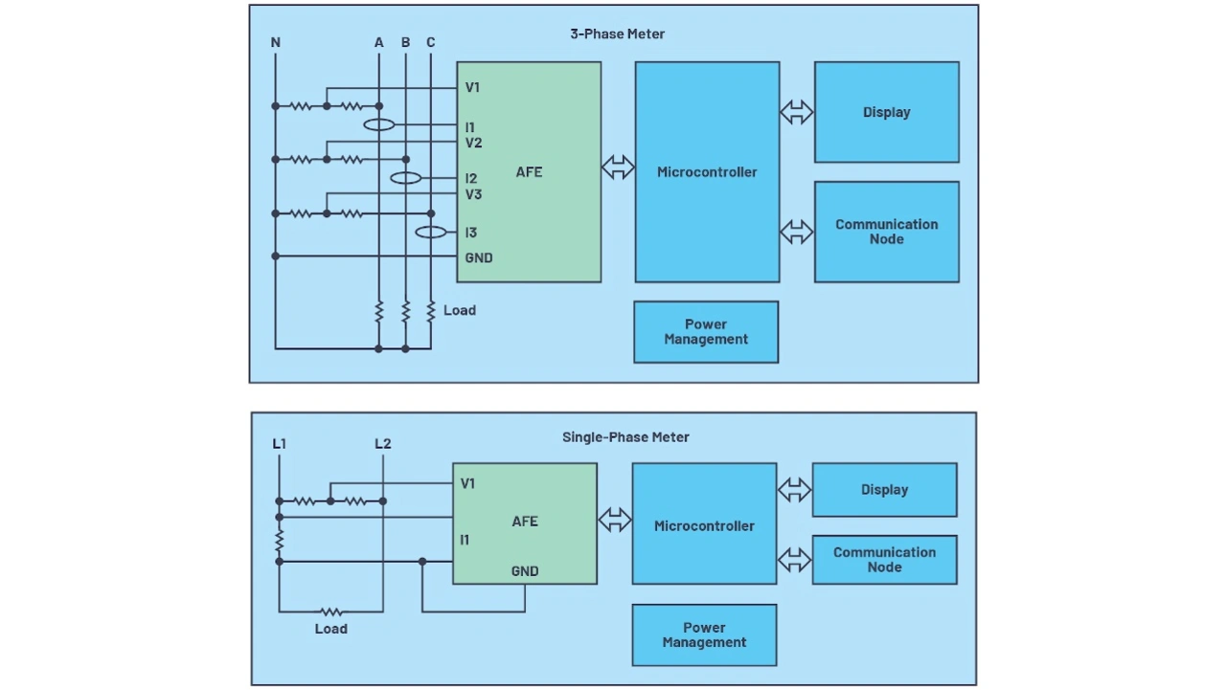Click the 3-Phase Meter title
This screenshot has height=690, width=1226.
tap(618, 33)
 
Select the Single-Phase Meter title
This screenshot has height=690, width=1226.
tap(625, 436)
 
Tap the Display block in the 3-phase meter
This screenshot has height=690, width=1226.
tap(887, 112)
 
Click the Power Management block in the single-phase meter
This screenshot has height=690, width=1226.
tap(704, 634)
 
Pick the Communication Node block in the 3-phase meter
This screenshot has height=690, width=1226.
tap(887, 232)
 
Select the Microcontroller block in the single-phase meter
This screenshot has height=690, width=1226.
tap(704, 523)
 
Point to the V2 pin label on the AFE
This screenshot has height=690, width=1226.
tap(473, 144)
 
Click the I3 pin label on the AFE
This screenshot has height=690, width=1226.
tap(470, 233)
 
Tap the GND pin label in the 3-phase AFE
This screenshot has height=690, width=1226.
tap(479, 257)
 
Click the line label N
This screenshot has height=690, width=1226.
tap(275, 42)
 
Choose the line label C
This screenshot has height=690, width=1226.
tap(431, 42)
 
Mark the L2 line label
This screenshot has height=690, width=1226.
tap(383, 443)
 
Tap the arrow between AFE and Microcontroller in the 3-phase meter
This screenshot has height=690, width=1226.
tap(618, 167)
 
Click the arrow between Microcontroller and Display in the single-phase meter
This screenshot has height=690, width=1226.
tap(795, 490)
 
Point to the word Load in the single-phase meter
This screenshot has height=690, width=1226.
tap(331, 629)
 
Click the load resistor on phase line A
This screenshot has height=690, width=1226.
tap(378, 311)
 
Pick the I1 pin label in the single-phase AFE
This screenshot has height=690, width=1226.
tap(465, 540)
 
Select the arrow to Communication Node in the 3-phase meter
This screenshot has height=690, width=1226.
tap(796, 232)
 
